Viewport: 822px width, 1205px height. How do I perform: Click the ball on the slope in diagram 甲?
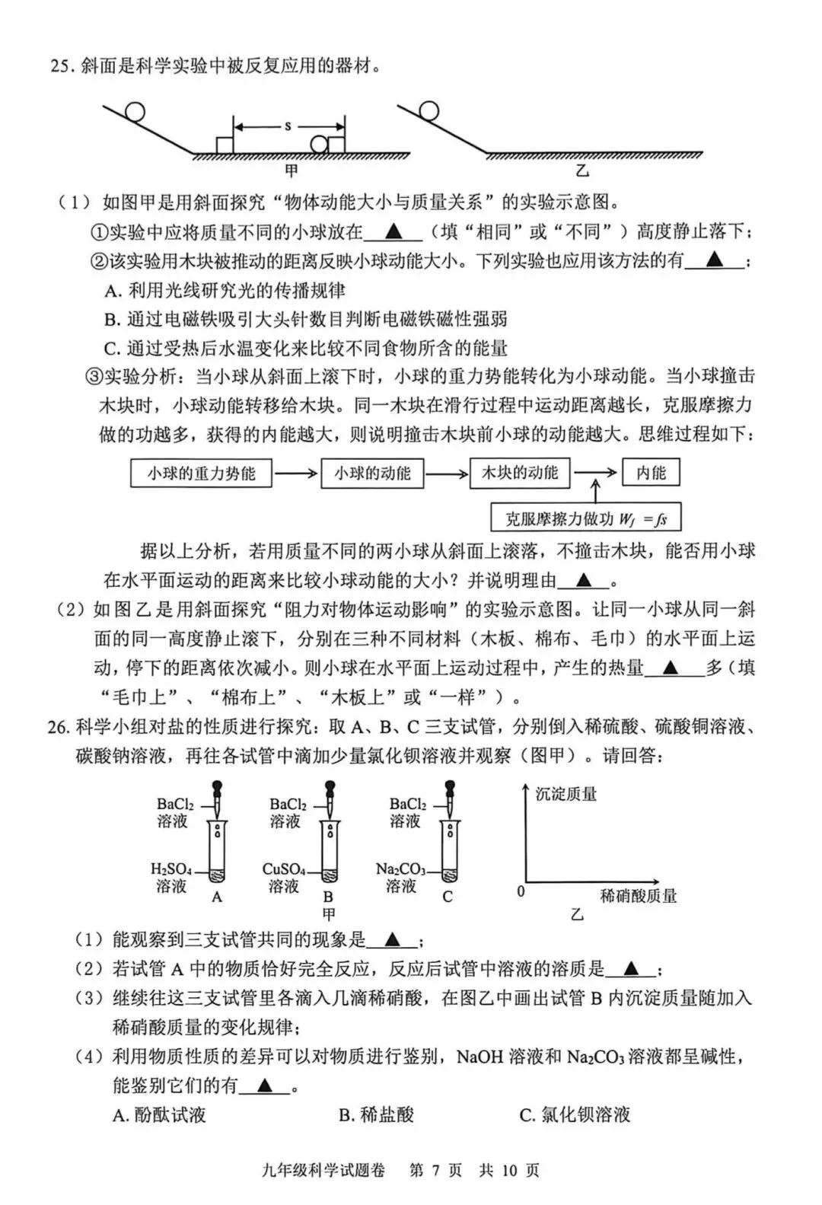[135, 112]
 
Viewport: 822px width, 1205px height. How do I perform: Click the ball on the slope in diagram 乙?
[429, 111]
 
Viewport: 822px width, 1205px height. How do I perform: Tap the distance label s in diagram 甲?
[288, 126]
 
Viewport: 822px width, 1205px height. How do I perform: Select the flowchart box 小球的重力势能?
[201, 473]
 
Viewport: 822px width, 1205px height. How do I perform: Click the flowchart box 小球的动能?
[372, 473]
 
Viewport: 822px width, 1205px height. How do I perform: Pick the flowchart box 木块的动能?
[520, 473]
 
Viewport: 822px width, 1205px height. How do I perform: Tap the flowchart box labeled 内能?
[651, 473]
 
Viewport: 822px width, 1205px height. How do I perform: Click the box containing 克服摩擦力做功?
[585, 519]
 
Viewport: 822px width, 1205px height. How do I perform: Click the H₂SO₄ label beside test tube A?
[171, 869]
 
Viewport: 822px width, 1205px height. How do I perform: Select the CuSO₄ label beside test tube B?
[283, 869]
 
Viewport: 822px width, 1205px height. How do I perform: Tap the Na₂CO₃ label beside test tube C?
[400, 869]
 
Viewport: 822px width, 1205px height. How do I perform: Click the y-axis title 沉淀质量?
[566, 795]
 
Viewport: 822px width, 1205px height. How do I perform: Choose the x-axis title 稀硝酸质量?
[638, 896]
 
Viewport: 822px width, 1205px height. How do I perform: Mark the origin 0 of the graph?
[521, 891]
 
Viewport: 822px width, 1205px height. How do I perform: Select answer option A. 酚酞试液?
[159, 1115]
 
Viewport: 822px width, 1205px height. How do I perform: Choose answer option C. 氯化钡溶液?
[575, 1115]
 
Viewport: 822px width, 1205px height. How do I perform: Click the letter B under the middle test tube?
[328, 897]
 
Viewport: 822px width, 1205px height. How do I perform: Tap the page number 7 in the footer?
[435, 1170]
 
